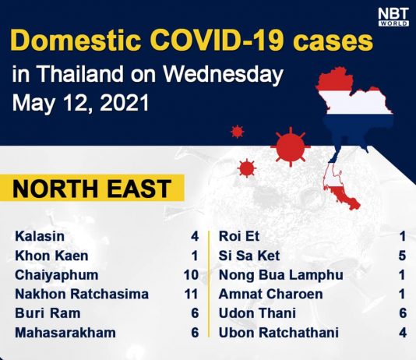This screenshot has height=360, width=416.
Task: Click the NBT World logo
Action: pyautogui.click(x=393, y=17)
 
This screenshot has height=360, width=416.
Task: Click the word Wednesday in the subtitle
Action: pyautogui.click(x=223, y=74)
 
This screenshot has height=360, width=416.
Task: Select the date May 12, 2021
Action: pyautogui.click(x=81, y=103)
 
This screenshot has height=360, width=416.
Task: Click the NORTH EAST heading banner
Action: pyautogui.click(x=92, y=188)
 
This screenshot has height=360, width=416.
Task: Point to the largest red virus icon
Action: pyautogui.click(x=291, y=146)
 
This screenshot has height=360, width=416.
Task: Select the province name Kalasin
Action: pyautogui.click(x=40, y=236)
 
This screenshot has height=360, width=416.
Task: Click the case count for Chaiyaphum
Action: pyautogui.click(x=191, y=275)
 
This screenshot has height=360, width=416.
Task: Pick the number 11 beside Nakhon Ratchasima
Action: pyautogui.click(x=191, y=294)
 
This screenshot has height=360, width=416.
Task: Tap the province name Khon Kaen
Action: pyautogui.click(x=51, y=256)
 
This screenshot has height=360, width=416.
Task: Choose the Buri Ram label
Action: pyautogui.click(x=48, y=313)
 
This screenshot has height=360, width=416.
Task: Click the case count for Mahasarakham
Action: pyautogui.click(x=195, y=333)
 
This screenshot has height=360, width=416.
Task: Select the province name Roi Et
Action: pyautogui.click(x=239, y=236)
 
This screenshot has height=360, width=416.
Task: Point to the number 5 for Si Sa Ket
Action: pyautogui.click(x=402, y=256)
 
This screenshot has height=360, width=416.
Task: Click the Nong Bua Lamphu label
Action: pyautogui.click(x=281, y=275)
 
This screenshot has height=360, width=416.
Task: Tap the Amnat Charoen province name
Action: pyautogui.click(x=270, y=294)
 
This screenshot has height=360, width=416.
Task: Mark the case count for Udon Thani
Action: pyautogui.click(x=403, y=313)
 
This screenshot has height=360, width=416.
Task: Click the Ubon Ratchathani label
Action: pyautogui.click(x=279, y=333)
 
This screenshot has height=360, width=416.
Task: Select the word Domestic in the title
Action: pyautogui.click(x=76, y=41)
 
